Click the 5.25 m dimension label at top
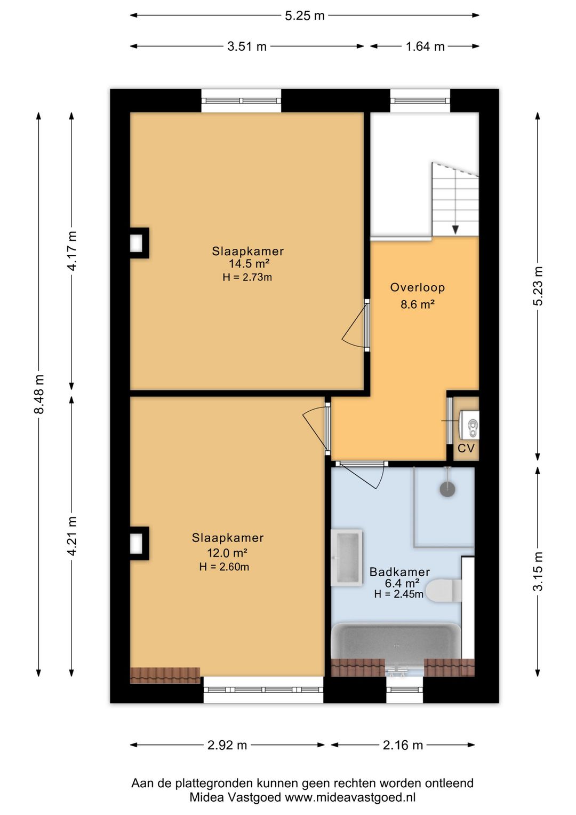click(304, 16)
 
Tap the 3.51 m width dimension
click(247, 46)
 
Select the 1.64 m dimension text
click(425, 46)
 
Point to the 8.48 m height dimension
click(39, 394)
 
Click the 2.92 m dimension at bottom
click(227, 746)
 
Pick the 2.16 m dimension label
click(403, 746)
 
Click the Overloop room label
click(418, 287)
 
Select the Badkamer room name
click(399, 572)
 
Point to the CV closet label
click(466, 448)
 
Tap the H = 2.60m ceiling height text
click(224, 567)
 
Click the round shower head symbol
click(447, 489)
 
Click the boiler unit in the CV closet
click(469, 424)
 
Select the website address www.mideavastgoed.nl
click(350, 797)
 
